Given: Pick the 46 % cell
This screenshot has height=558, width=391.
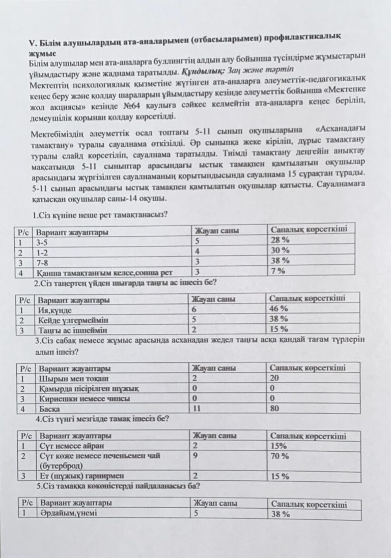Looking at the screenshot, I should (x=278, y=308).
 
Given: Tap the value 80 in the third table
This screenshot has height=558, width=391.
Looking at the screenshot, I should (x=275, y=408).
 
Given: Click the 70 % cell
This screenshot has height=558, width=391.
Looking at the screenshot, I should (x=279, y=456).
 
